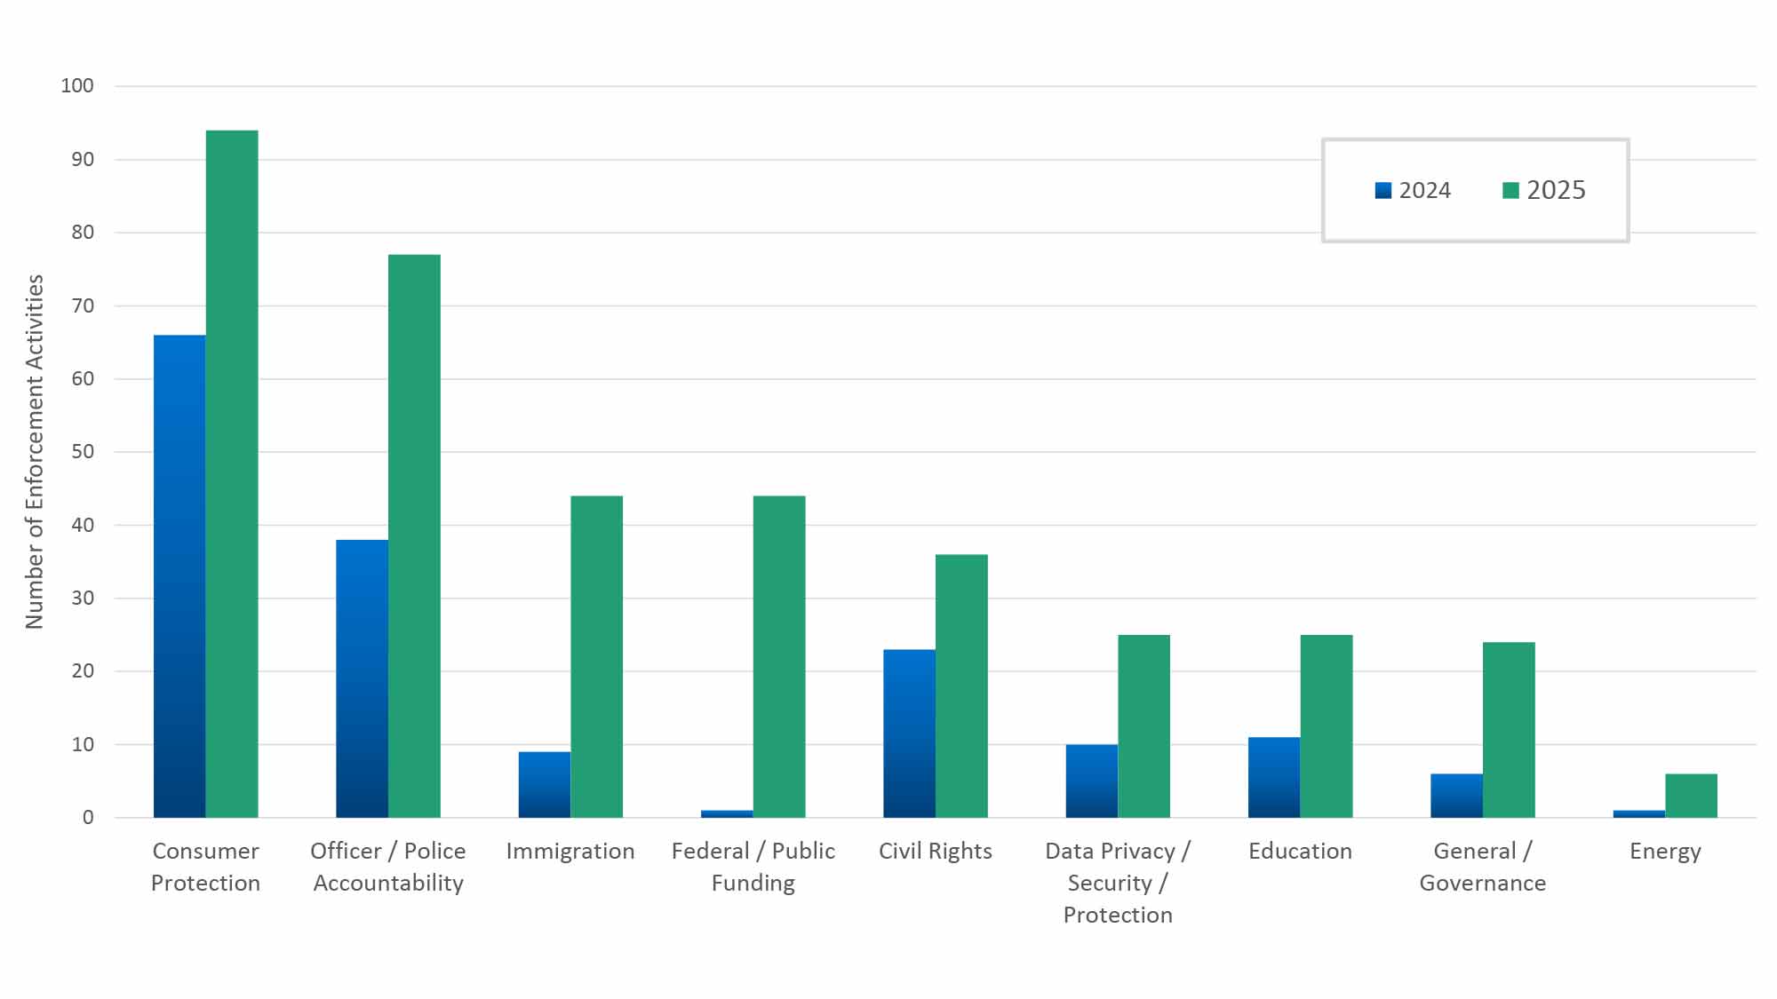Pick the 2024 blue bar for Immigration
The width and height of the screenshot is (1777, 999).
pyautogui.click(x=545, y=784)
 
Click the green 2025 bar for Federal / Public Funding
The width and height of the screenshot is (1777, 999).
pyautogui.click(x=779, y=656)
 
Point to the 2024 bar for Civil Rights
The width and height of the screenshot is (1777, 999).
pyautogui.click(x=909, y=733)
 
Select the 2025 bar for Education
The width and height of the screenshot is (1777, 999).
pyautogui.click(x=1327, y=725)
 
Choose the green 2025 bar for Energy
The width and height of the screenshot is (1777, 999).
pyautogui.click(x=1691, y=796)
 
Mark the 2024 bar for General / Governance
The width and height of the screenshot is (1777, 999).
pyautogui.click(x=1456, y=796)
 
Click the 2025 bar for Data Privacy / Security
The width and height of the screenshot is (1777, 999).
pyautogui.click(x=1143, y=725)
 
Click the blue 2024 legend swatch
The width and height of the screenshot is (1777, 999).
pyautogui.click(x=1383, y=191)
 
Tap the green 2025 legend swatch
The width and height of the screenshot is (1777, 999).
pyautogui.click(x=1510, y=191)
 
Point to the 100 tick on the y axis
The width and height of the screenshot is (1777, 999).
pyautogui.click(x=77, y=86)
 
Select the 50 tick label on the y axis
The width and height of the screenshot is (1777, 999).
pyautogui.click(x=83, y=452)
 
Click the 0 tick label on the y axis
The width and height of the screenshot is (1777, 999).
pyautogui.click(x=88, y=818)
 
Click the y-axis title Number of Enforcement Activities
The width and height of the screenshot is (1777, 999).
pyautogui.click(x=34, y=452)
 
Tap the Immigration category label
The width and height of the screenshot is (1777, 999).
pyautogui.click(x=570, y=852)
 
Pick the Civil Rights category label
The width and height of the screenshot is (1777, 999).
pyautogui.click(x=935, y=852)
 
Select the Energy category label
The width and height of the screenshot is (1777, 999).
pyautogui.click(x=1665, y=852)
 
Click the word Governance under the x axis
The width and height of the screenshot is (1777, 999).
pyautogui.click(x=1482, y=884)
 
